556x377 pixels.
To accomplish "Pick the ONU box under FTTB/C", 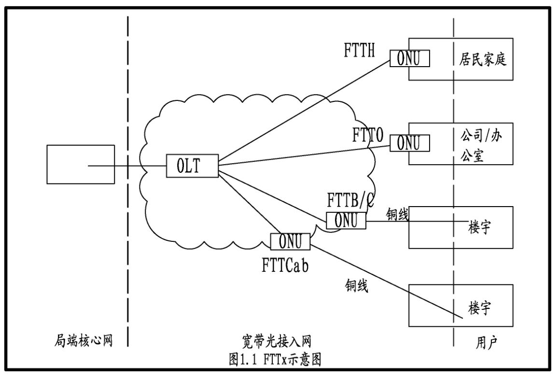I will pyautogui.click(x=346, y=220).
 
